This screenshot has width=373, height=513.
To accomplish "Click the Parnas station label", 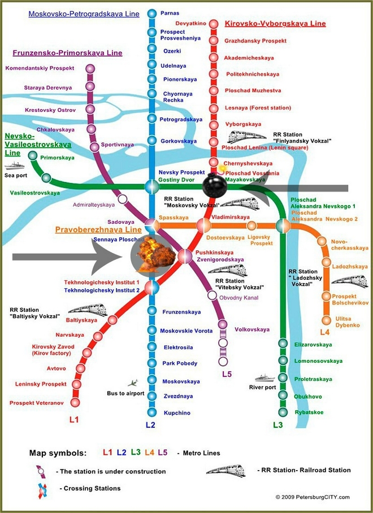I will (170, 12).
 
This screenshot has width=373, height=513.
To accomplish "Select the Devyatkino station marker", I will (213, 24).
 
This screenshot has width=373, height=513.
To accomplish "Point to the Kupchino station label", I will (177, 413).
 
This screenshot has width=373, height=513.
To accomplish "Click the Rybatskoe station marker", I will (282, 412).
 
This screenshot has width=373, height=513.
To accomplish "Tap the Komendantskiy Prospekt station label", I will (40, 68).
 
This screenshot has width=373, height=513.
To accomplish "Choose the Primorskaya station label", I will (56, 158).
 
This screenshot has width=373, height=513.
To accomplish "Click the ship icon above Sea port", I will (12, 166).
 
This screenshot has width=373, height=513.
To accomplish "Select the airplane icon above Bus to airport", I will (134, 382).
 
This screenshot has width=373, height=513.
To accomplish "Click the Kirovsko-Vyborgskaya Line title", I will (275, 24).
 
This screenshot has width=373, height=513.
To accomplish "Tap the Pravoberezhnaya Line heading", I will (98, 231).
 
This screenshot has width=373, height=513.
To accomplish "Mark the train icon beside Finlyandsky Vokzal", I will (247, 136).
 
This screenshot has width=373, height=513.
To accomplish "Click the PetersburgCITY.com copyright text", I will (313, 497).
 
